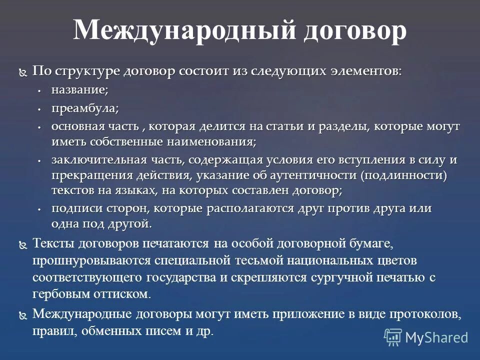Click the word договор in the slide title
354,30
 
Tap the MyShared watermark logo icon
393,336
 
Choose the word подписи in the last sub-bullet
74,208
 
